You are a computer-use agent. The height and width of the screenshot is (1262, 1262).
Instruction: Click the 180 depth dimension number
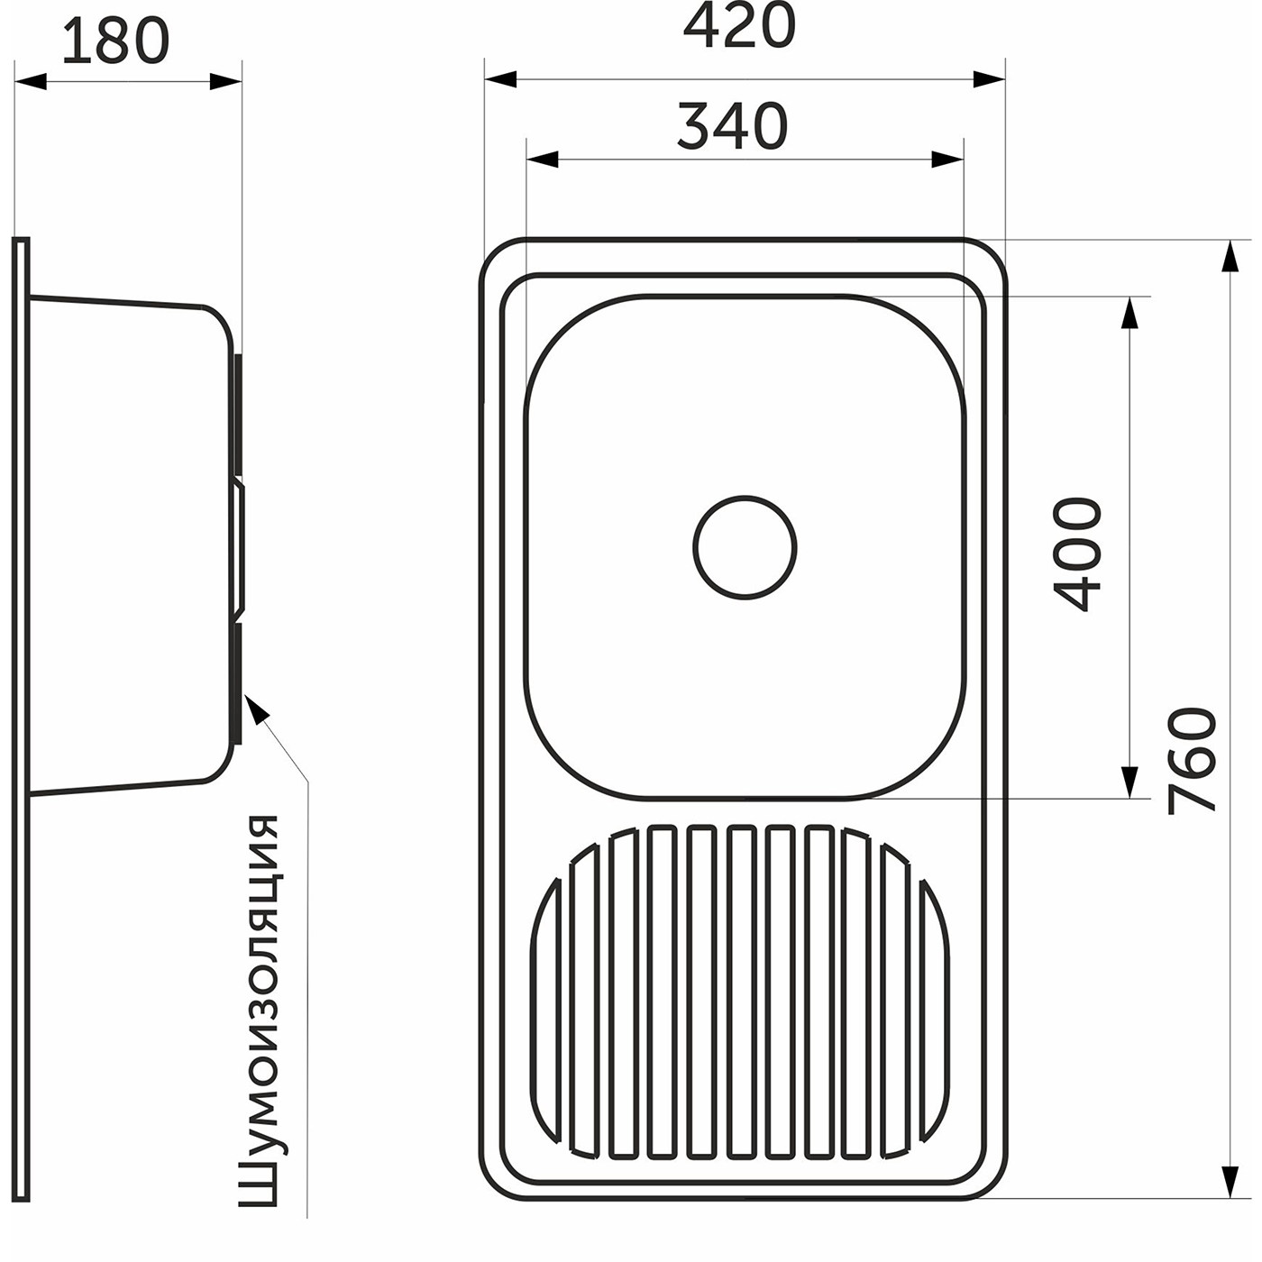point(116,41)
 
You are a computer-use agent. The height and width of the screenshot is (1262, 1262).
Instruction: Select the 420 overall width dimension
point(739,25)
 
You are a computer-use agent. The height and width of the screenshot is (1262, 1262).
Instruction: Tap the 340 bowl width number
point(732,125)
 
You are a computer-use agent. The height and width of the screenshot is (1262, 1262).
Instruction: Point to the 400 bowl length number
point(1077,554)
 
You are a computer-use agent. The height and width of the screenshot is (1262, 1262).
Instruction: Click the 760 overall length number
point(1193,761)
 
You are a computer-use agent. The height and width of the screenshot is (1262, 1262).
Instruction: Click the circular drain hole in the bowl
point(745,547)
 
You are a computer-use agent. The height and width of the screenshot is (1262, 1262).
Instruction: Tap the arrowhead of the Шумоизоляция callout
point(256,707)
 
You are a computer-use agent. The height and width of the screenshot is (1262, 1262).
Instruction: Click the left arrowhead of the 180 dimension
point(30,82)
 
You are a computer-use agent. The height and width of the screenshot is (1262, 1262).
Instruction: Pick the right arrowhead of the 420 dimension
point(990,80)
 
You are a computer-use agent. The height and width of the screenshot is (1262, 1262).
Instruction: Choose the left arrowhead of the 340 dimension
point(543,160)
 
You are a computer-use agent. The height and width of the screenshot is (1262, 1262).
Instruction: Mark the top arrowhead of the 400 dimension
point(1128,313)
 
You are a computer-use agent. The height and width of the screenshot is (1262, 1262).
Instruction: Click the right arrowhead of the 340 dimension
point(947,160)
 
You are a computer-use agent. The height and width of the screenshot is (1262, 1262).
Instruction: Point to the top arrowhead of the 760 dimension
point(1230,256)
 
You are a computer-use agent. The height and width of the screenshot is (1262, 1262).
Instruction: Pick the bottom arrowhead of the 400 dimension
point(1128,782)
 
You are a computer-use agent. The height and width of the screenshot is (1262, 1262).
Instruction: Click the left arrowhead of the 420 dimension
point(500,80)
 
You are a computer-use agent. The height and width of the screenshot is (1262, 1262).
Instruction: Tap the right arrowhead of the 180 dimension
point(226,82)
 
